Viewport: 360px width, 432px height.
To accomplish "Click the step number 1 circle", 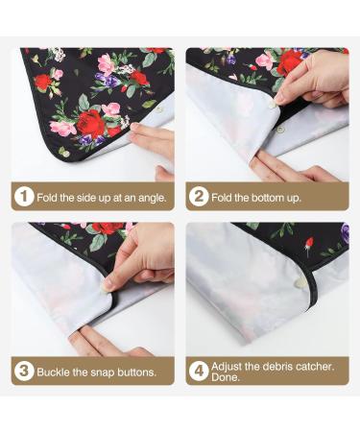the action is [x=24, y=196].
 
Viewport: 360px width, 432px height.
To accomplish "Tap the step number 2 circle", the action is [x=199, y=196].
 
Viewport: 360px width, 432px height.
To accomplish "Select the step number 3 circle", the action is [x=24, y=371].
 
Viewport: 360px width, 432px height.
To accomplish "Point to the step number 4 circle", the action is [x=199, y=371].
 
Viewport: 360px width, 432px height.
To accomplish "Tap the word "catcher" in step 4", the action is [x=315, y=367].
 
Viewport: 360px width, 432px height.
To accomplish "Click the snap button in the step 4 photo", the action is [x=300, y=282].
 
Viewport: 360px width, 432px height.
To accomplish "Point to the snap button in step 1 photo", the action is [x=158, y=109].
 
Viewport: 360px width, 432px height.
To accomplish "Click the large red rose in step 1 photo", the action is [x=91, y=123].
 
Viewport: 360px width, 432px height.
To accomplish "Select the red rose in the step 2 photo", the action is [x=290, y=62].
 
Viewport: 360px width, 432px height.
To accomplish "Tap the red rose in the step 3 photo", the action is [x=108, y=228].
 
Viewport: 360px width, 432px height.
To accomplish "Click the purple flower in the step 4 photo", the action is [x=345, y=231].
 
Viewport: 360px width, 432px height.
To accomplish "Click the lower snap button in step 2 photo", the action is [x=280, y=130].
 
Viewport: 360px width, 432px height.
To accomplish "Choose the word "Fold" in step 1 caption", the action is [x=47, y=198].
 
